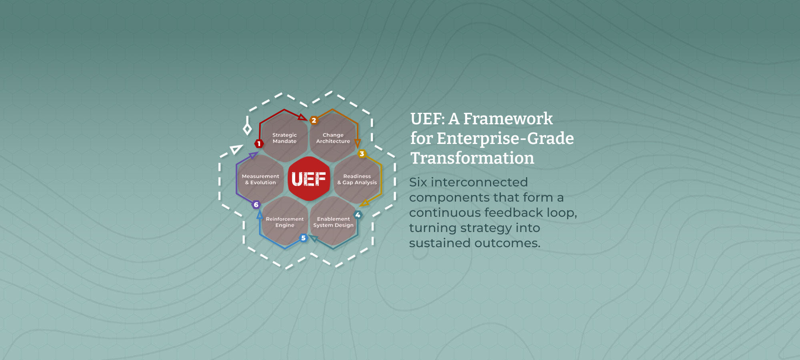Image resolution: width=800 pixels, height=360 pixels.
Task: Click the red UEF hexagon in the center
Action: tap(309, 179)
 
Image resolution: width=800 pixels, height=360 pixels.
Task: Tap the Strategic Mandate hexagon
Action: tap(284, 138)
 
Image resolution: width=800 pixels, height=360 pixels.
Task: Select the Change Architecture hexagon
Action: tap(333, 138)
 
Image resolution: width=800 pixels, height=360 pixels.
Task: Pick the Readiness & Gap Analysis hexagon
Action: tap(357, 179)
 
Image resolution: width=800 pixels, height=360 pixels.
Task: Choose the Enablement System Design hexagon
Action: tap(333, 221)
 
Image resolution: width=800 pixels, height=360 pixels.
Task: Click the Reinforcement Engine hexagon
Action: tap(284, 221)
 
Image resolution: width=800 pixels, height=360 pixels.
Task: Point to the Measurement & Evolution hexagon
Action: tap(260, 179)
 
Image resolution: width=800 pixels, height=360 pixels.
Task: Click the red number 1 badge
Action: tap(259, 144)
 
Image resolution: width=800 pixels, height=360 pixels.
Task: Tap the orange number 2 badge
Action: tap(314, 120)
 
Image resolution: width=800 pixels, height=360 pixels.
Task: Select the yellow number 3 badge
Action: tap(362, 154)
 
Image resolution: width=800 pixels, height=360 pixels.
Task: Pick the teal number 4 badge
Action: tap(358, 215)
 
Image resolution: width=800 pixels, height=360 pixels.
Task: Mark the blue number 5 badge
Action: tap(303, 238)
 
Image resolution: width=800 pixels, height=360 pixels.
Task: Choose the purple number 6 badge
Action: tap(256, 205)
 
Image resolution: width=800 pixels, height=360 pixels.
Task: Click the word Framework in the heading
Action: tap(508, 119)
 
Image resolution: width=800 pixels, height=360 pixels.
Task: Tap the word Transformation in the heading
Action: tap(472, 158)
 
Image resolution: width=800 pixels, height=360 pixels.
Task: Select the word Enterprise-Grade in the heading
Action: tap(505, 138)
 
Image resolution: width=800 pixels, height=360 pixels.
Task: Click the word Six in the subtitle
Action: tap(418, 182)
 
